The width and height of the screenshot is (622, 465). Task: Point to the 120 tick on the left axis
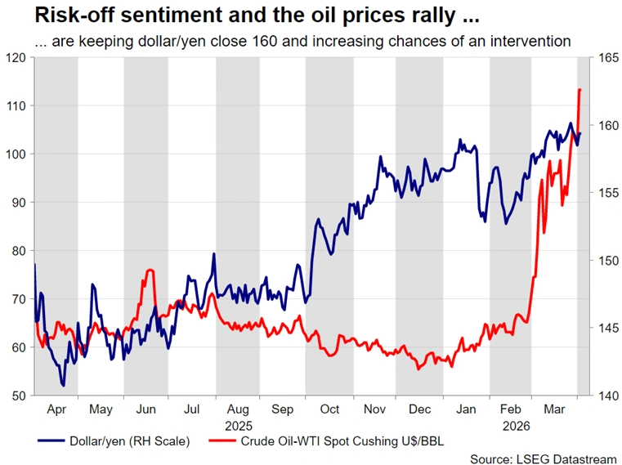[x=15, y=57]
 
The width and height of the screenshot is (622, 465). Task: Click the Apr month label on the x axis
[x=56, y=409]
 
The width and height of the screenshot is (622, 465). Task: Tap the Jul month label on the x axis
[x=192, y=409]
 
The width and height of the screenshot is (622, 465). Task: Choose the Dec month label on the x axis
[x=419, y=409]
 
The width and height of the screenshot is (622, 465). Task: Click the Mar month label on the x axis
[x=554, y=409]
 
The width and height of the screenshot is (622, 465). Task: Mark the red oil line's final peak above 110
[x=579, y=90]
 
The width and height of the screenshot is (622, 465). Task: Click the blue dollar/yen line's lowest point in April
[x=63, y=385]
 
